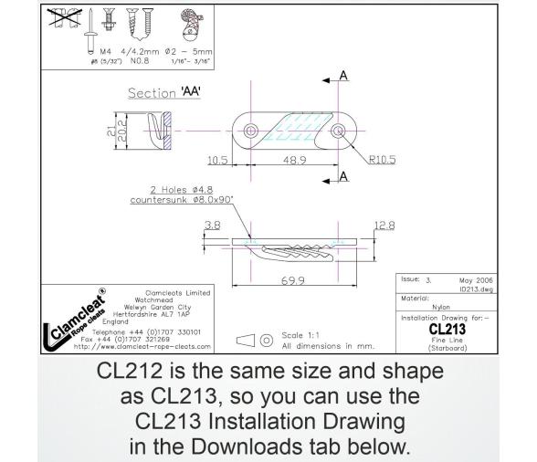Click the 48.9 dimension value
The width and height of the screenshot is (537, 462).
294,159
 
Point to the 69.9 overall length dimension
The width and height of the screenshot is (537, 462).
291,280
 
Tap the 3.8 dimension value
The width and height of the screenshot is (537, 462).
211,225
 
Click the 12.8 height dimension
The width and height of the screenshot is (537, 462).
384,225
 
